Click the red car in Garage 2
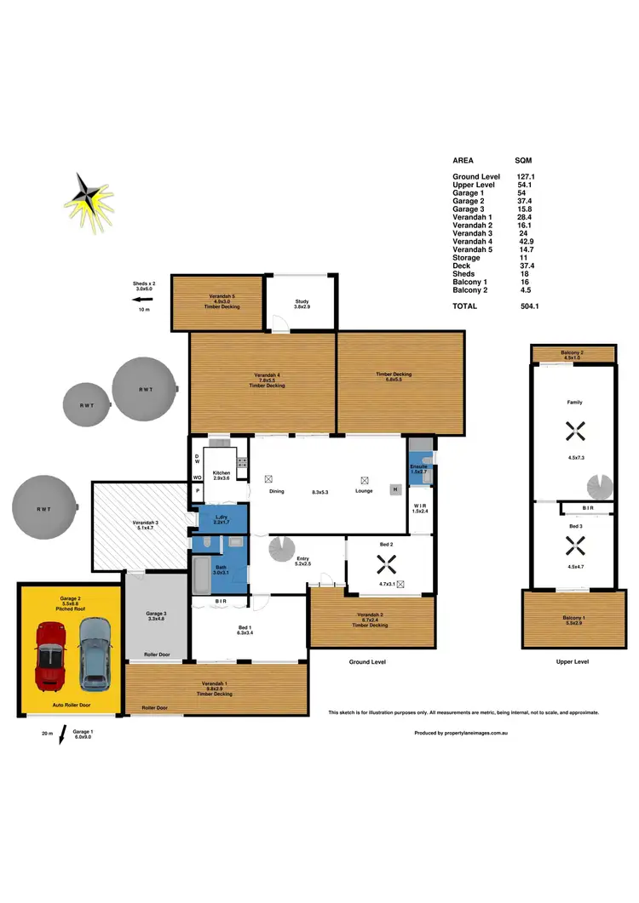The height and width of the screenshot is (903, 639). click(50, 656)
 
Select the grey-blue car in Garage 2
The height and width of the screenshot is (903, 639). click(95, 654)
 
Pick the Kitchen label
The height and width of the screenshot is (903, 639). click(222, 472)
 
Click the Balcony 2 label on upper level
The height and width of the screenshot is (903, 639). click(572, 351)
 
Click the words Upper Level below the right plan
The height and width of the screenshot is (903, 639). click(572, 661)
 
